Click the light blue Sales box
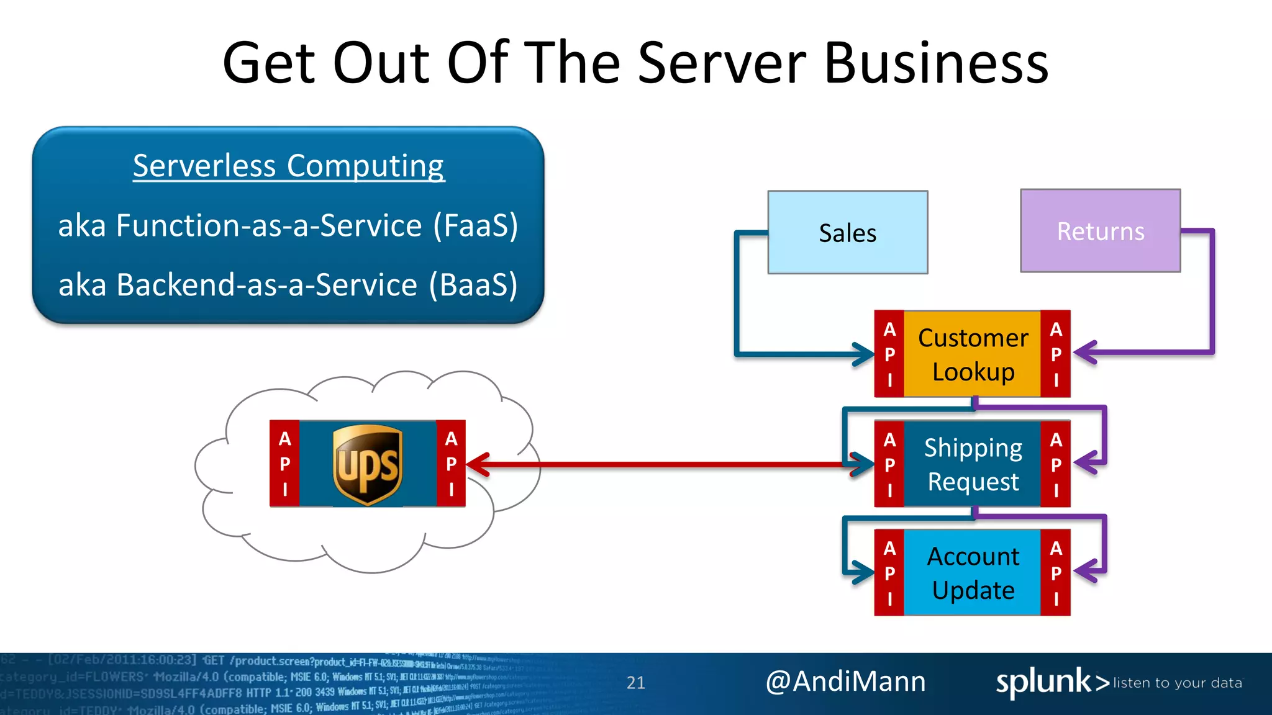click(847, 232)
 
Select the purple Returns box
click(1100, 231)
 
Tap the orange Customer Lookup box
click(973, 354)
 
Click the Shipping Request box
click(973, 464)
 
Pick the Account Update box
click(973, 572)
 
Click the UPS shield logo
click(368, 464)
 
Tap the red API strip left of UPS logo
click(284, 464)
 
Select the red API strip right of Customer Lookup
click(1055, 354)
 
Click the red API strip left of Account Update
click(889, 572)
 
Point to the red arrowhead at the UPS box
click(477, 464)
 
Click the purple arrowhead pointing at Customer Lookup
click(1084, 353)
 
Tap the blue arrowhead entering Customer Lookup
click(863, 354)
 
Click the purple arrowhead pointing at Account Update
click(1084, 571)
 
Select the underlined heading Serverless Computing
click(288, 166)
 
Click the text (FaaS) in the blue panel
click(475, 225)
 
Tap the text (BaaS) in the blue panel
click(473, 285)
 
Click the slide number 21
click(635, 683)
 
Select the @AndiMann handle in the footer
click(845, 681)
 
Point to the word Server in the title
click(721, 63)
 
